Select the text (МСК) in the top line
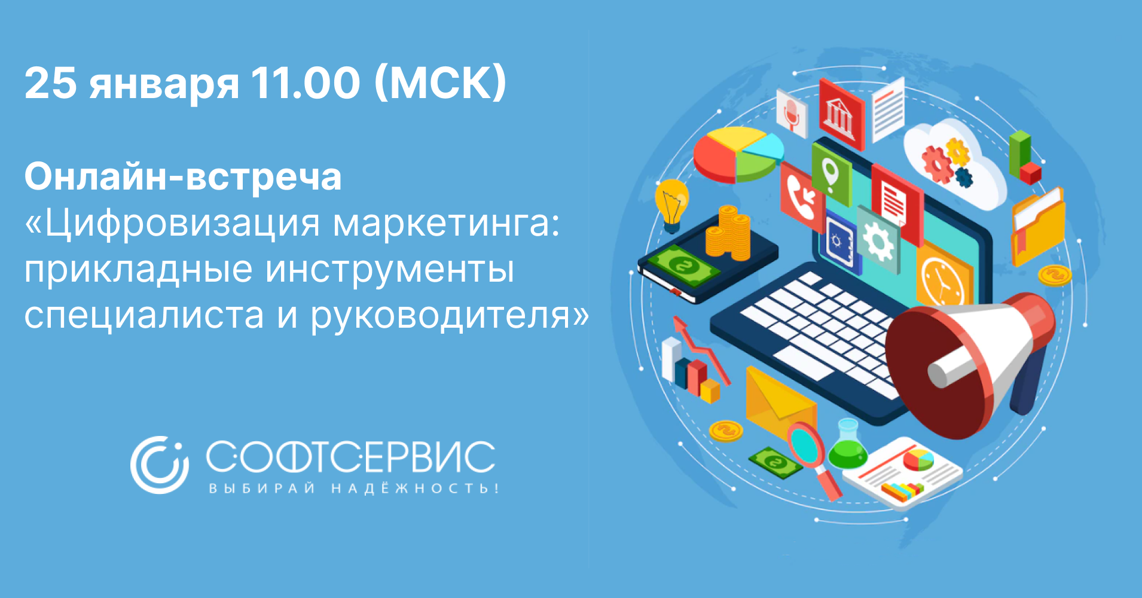point(441,83)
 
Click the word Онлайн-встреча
point(183,177)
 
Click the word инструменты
point(389,270)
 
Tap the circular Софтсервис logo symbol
point(160,465)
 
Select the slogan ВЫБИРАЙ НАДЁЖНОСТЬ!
point(353,488)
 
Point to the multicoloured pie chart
point(739,153)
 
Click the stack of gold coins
point(728,233)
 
